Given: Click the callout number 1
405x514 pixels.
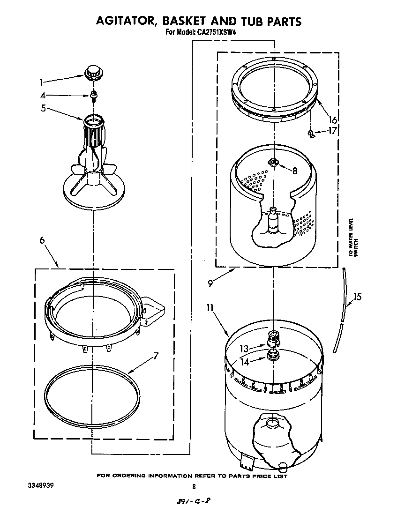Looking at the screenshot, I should (x=42, y=82).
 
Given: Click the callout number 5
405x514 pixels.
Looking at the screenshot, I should (x=43, y=109).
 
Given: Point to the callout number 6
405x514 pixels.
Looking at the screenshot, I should (x=42, y=240).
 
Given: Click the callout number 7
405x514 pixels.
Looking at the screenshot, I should (x=155, y=356).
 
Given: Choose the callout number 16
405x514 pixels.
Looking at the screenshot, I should (x=333, y=120).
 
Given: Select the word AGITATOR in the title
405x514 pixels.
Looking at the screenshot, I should (x=125, y=21).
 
